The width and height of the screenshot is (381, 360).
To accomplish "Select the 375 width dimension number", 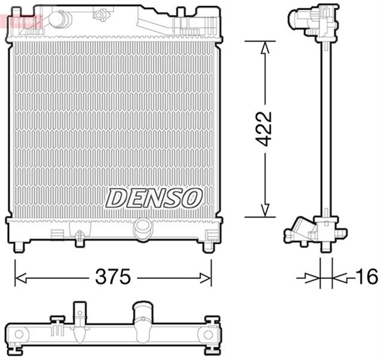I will (114, 277).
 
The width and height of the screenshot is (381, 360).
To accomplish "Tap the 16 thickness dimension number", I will (367, 276).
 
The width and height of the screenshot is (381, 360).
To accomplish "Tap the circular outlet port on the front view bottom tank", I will (143, 228).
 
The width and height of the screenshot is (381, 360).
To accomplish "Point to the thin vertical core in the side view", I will (325, 131).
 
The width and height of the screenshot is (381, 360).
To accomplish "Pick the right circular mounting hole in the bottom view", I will (208, 335).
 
